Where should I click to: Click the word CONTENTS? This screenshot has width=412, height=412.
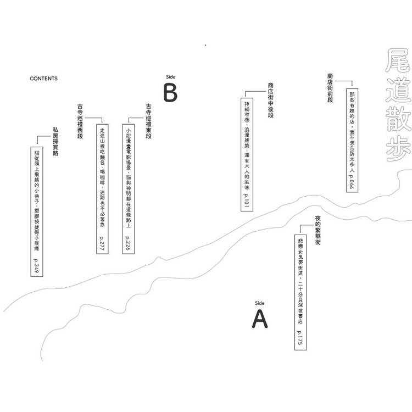point(43,79)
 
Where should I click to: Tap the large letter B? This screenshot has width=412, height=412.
point(170,92)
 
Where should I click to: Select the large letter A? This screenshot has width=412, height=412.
point(260,319)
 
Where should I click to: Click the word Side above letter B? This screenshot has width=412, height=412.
point(170,77)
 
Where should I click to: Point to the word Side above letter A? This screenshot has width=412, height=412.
point(260,303)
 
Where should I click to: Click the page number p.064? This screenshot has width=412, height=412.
point(352,181)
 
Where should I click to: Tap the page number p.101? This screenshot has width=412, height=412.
point(247,201)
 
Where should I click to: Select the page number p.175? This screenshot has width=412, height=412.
point(300,338)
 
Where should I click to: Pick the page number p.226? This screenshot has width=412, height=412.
point(128,243)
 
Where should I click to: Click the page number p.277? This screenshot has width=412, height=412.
point(102,243)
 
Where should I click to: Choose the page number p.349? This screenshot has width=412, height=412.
point(36,266)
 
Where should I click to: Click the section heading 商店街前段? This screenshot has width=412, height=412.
point(330,88)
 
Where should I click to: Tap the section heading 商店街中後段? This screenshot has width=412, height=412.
point(271,100)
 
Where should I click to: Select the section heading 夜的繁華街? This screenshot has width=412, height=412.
point(318,230)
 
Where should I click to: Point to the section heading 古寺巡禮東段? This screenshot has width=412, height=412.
point(149,121)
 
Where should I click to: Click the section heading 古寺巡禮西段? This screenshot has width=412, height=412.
point(80,121)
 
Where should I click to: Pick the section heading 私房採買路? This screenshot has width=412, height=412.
point(55,141)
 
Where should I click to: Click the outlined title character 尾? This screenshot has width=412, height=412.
point(398,61)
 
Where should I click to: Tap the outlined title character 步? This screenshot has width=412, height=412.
point(398,149)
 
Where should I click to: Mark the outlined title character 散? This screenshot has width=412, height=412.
point(398,119)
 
